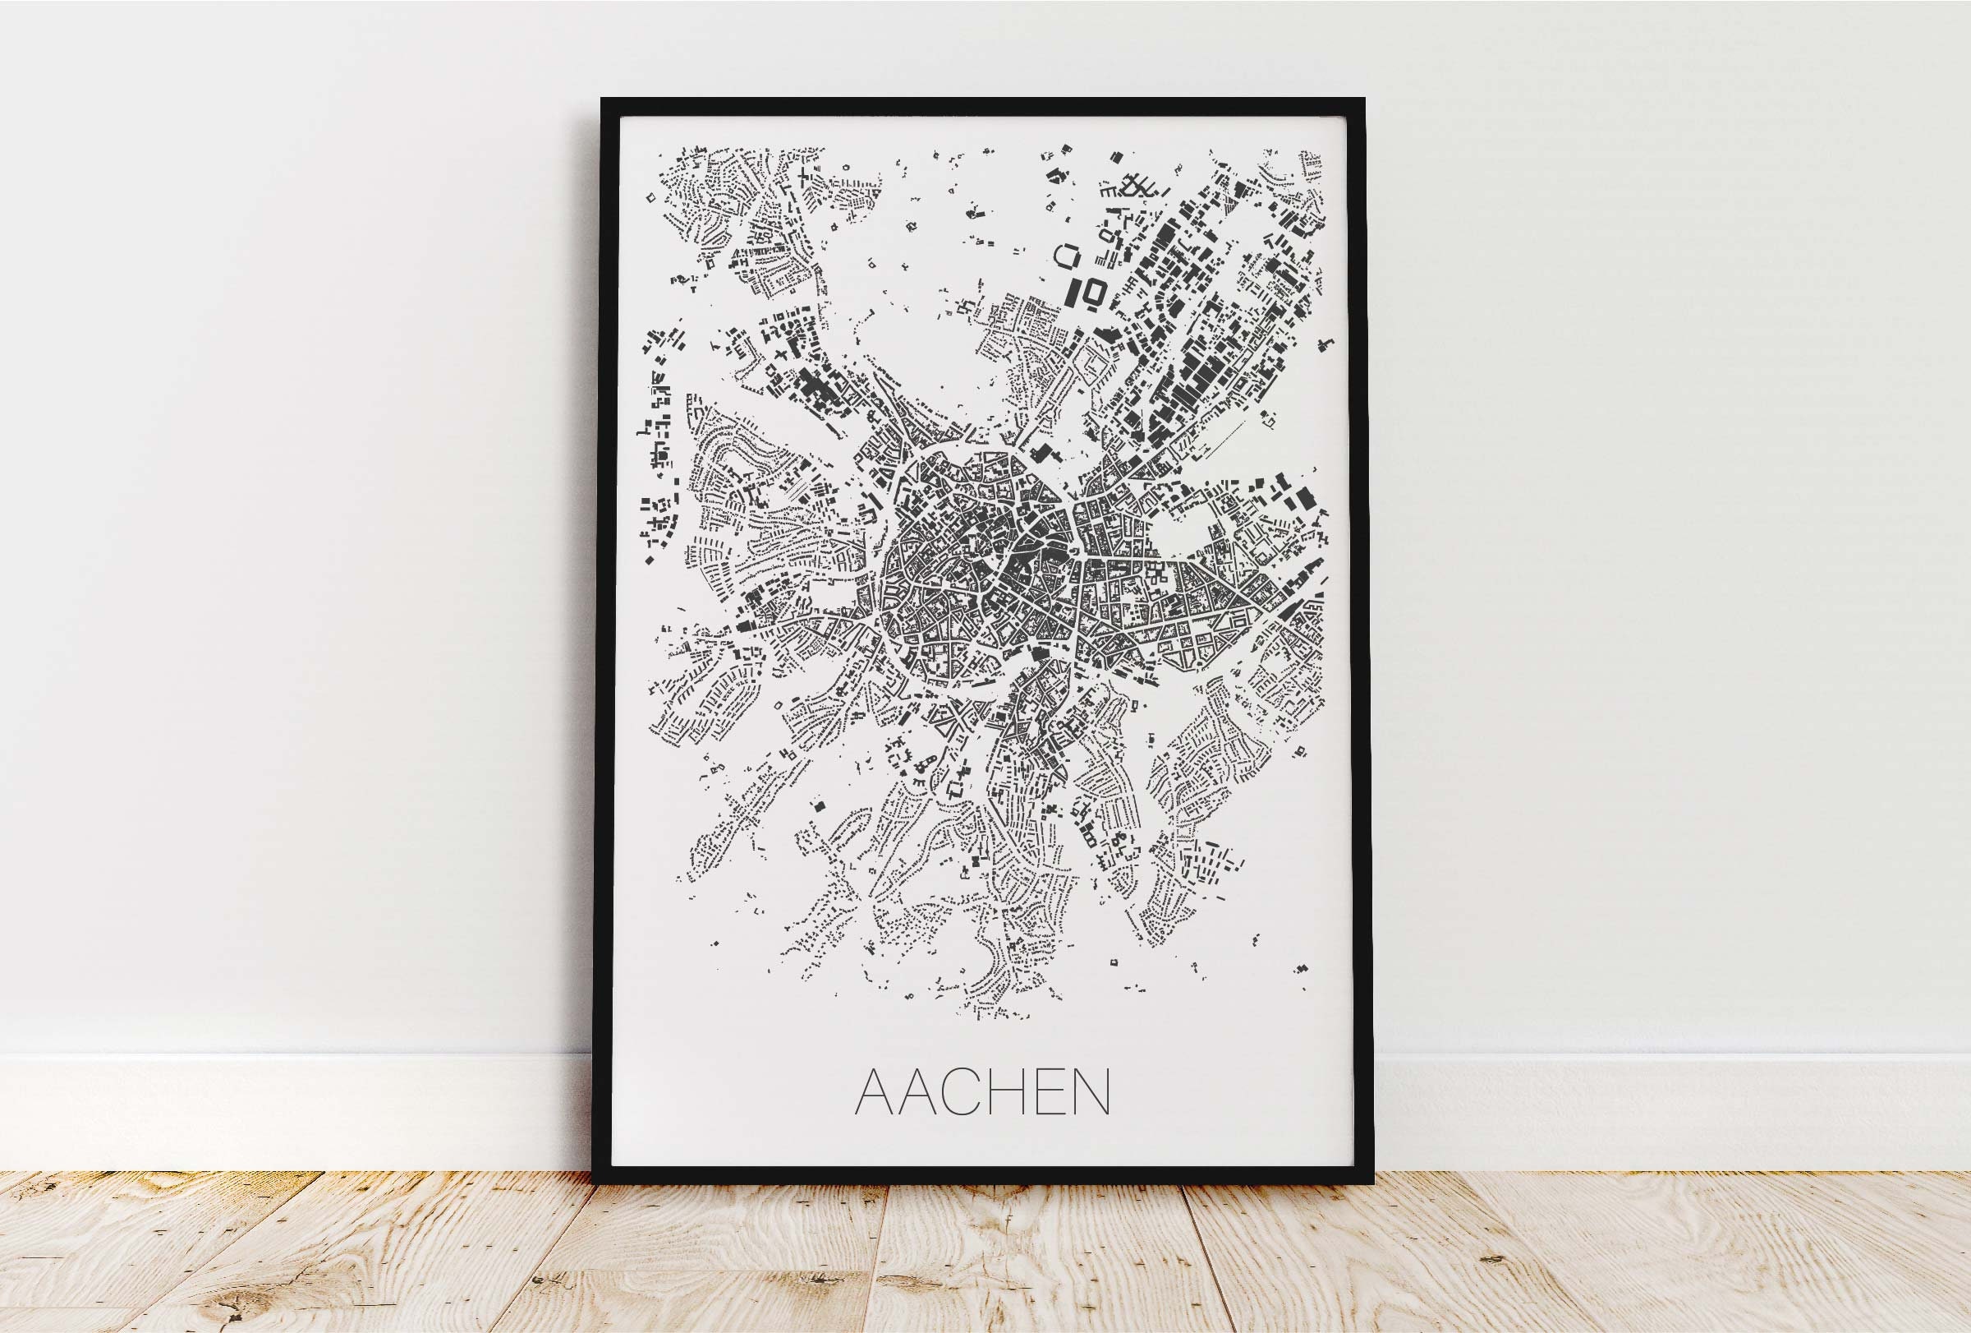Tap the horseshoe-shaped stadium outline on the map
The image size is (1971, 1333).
[1067, 256]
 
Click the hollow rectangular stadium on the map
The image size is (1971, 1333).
[1092, 293]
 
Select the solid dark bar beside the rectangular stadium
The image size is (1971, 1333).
[1073, 293]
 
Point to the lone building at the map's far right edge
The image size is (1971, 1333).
[1325, 343]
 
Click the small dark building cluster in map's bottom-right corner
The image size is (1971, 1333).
[1299, 967]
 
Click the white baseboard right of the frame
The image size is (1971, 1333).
[1670, 1112]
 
